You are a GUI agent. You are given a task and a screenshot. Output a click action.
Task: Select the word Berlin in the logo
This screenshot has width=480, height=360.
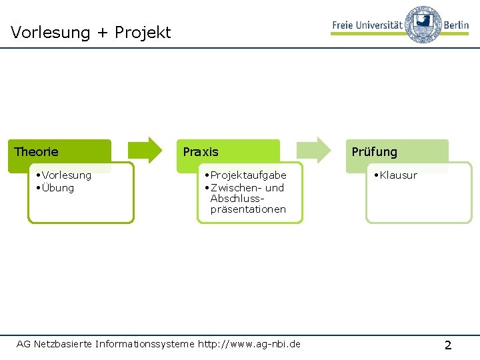pos(456,24)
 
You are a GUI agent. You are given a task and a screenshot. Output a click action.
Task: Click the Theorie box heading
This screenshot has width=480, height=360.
pos(36,152)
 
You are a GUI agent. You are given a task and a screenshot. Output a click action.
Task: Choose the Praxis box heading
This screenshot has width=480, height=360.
pos(201,152)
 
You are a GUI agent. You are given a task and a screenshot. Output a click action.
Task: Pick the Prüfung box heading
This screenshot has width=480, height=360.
pos(374,152)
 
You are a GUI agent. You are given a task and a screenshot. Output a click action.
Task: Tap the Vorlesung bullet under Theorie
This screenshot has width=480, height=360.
pos(66,175)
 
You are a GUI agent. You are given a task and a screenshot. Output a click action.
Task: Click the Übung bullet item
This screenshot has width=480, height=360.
pos(58,188)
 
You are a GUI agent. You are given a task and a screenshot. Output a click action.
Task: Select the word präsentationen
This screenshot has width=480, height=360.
pos(248,209)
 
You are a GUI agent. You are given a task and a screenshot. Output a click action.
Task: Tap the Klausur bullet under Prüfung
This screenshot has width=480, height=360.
pos(398,175)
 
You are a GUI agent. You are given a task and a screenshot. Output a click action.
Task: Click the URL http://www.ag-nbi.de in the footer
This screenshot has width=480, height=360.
pos(249,344)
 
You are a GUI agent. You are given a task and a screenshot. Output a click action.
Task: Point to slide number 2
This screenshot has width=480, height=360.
pos(447,345)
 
